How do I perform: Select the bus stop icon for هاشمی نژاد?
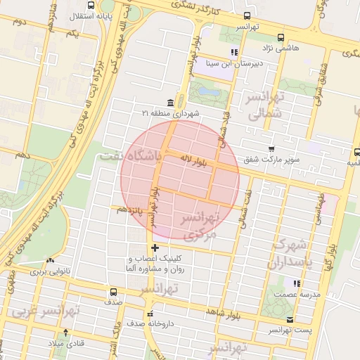pos(281,37)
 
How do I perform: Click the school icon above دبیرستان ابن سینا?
pos(234,52)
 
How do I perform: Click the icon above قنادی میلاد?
pos(65,332)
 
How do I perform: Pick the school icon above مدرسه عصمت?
pos(297,283)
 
